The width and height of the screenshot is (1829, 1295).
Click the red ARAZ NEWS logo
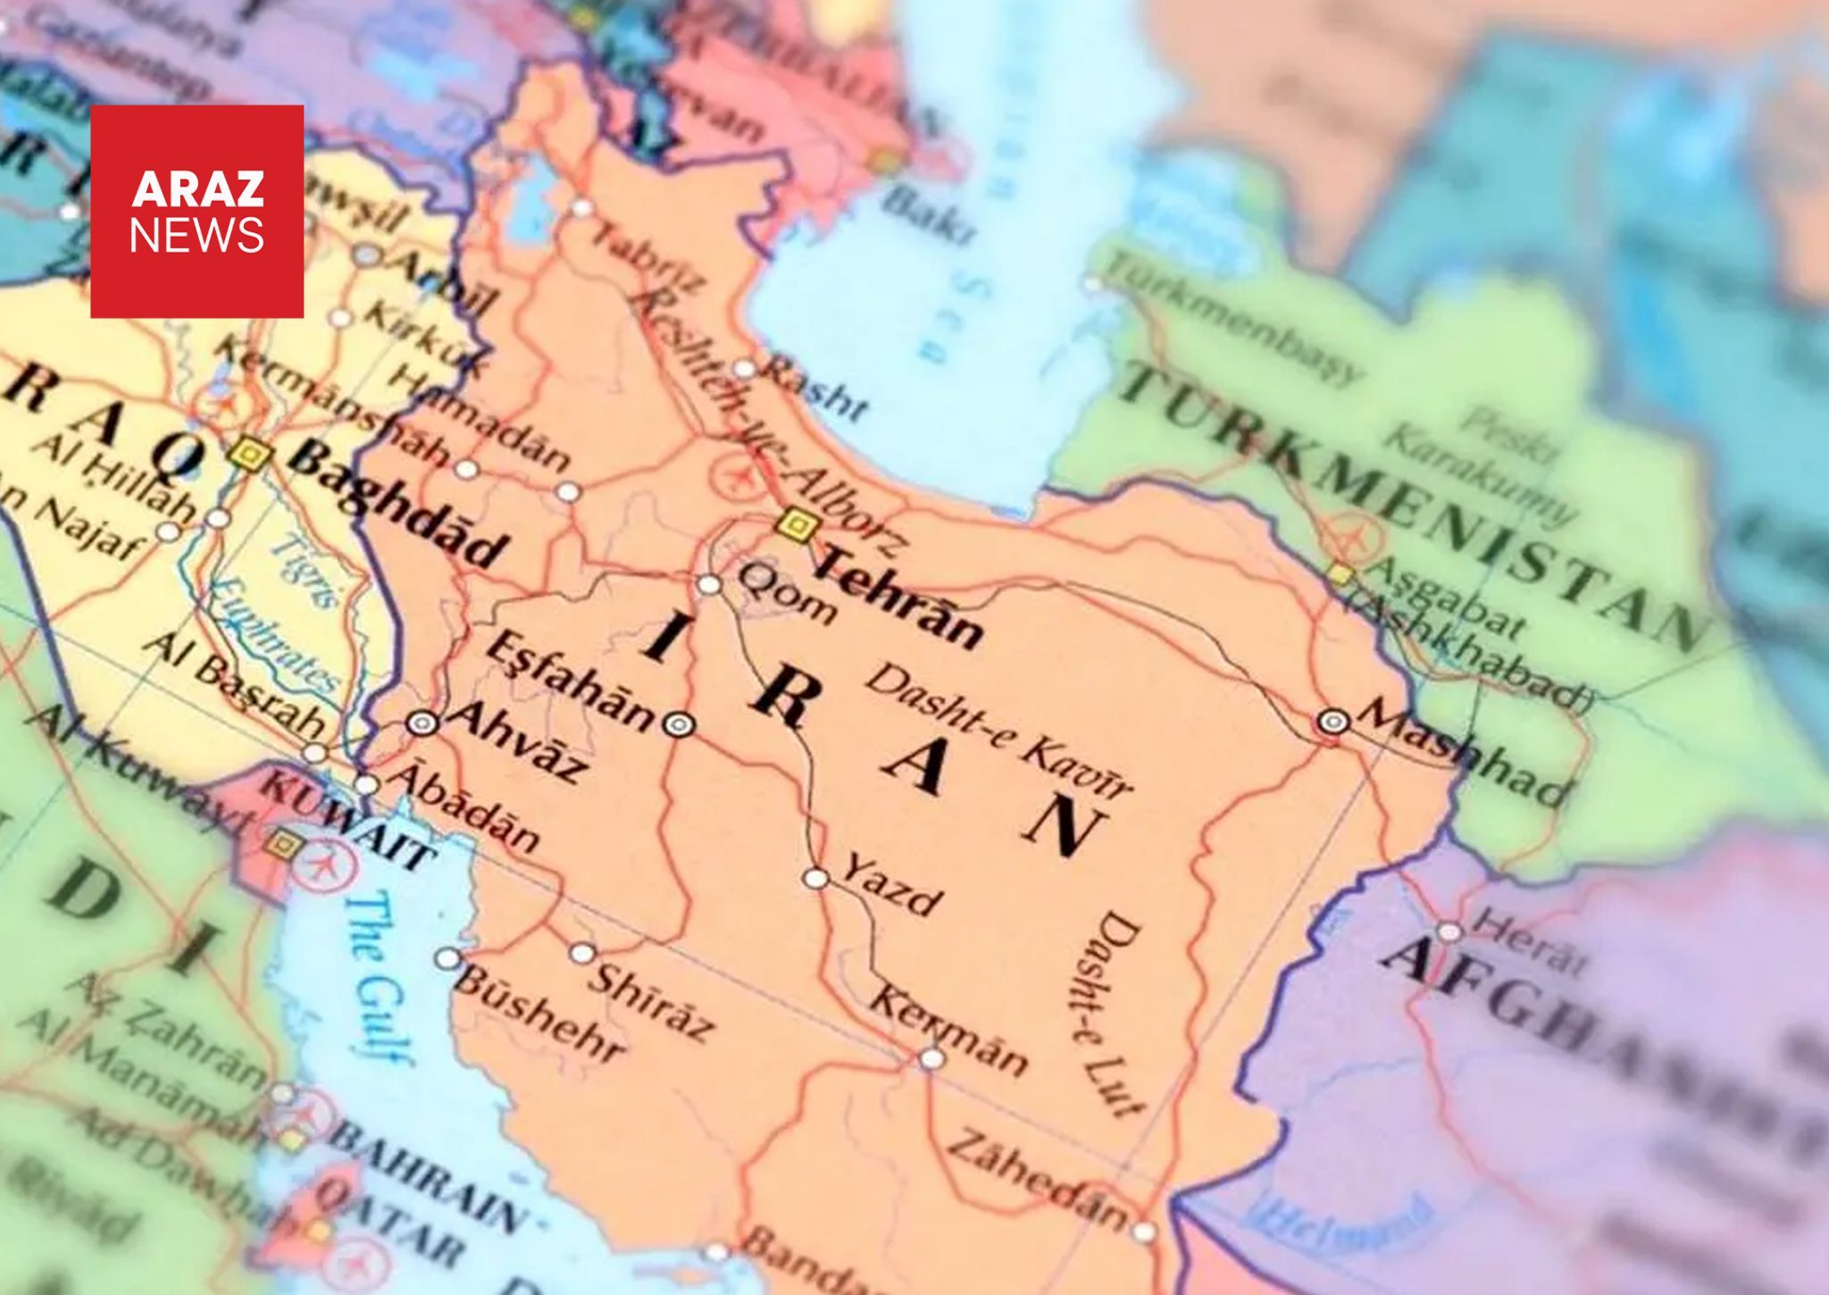pyautogui.click(x=196, y=212)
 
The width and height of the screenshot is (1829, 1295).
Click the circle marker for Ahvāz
pyautogui.click(x=422, y=723)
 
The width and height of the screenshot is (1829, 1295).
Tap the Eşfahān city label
pyautogui.click(x=571, y=683)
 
